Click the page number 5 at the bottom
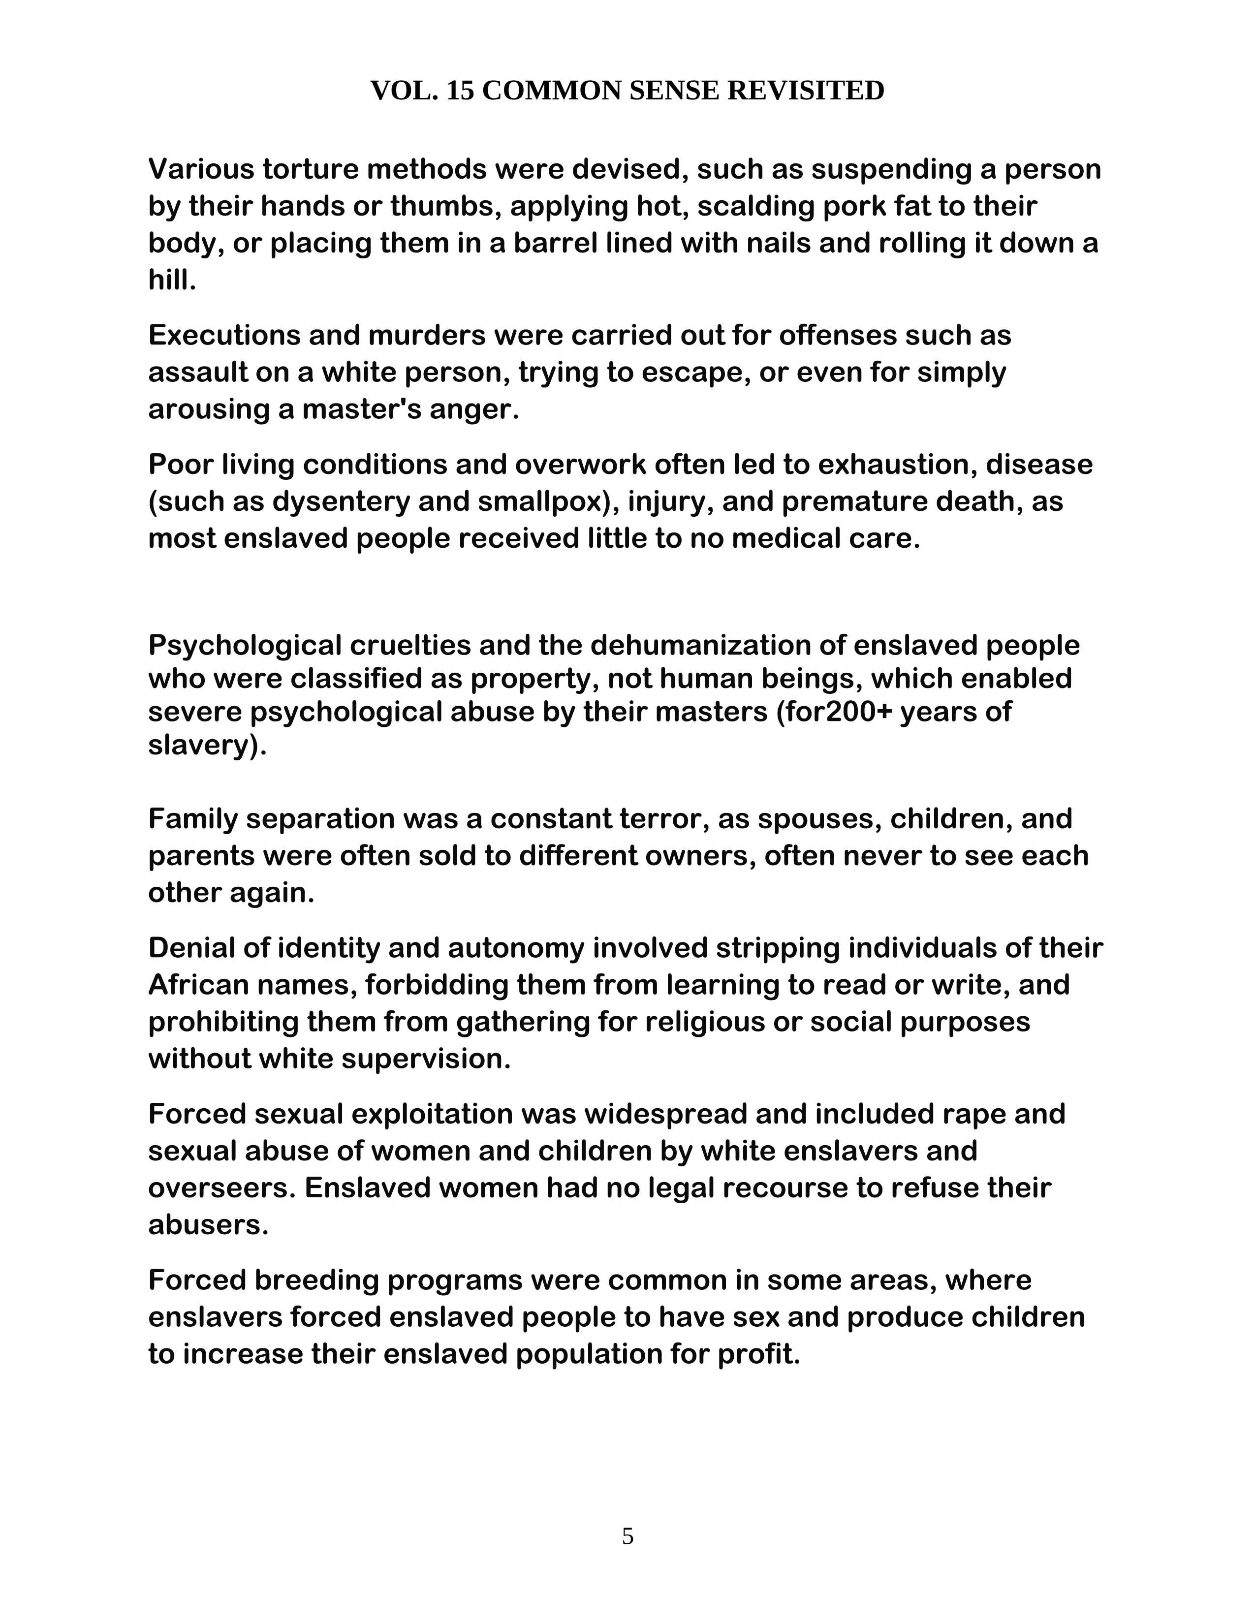coord(627,1536)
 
